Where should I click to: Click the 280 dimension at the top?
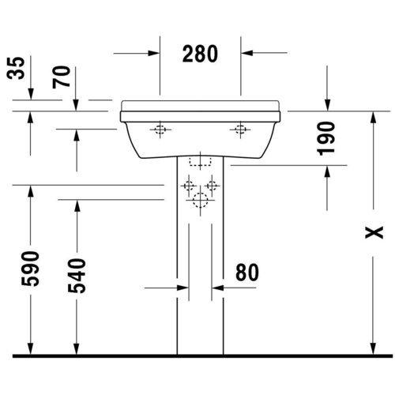point(201,54)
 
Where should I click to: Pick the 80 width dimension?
point(247,273)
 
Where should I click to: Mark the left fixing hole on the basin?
point(160,130)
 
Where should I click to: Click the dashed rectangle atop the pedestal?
point(201,162)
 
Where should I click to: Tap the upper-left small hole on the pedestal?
point(188,187)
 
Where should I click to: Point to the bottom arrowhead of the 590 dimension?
point(31,348)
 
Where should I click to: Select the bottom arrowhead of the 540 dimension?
point(77,348)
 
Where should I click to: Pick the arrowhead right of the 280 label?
point(247,54)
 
